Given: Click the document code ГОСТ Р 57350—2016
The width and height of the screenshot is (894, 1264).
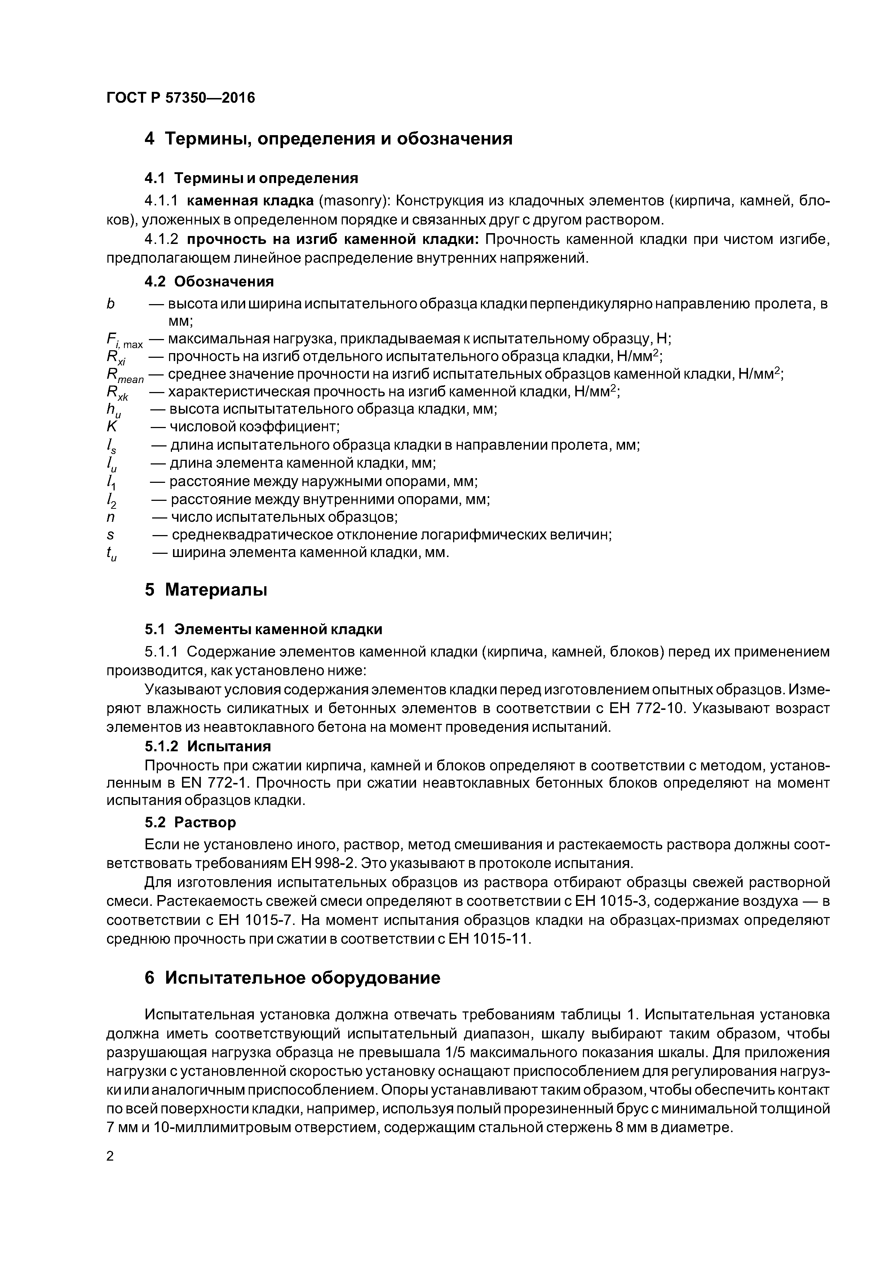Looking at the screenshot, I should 181,98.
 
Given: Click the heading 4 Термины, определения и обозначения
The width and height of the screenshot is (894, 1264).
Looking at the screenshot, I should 328,139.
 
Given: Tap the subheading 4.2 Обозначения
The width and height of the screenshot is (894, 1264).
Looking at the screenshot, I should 209,281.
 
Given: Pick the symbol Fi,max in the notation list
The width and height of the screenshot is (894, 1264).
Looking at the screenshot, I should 124,341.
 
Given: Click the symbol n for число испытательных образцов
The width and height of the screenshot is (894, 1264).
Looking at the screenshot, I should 111,517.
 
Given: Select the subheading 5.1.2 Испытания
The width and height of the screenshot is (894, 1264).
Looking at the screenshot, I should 208,746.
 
